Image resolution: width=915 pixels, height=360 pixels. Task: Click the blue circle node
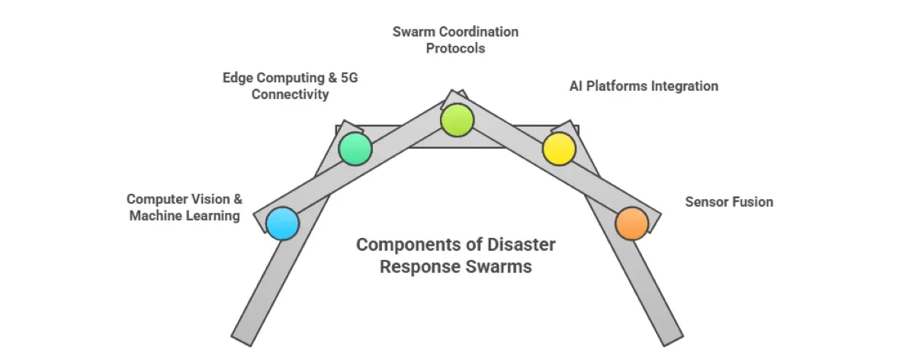click(283, 223)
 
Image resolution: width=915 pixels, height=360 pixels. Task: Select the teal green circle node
click(355, 149)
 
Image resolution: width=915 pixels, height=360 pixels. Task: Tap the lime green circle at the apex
click(457, 120)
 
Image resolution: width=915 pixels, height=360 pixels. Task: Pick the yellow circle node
click(559, 149)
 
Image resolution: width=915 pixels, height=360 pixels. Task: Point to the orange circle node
click(631, 223)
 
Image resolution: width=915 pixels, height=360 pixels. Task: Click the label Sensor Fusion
click(729, 202)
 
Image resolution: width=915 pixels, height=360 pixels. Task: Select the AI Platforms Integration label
click(644, 86)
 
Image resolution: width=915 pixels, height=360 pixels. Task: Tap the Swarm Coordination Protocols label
click(456, 40)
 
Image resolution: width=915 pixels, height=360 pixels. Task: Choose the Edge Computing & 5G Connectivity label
click(276, 85)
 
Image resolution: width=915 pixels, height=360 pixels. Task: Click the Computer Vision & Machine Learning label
click(185, 207)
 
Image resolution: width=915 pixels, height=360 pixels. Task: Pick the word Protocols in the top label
click(456, 48)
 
